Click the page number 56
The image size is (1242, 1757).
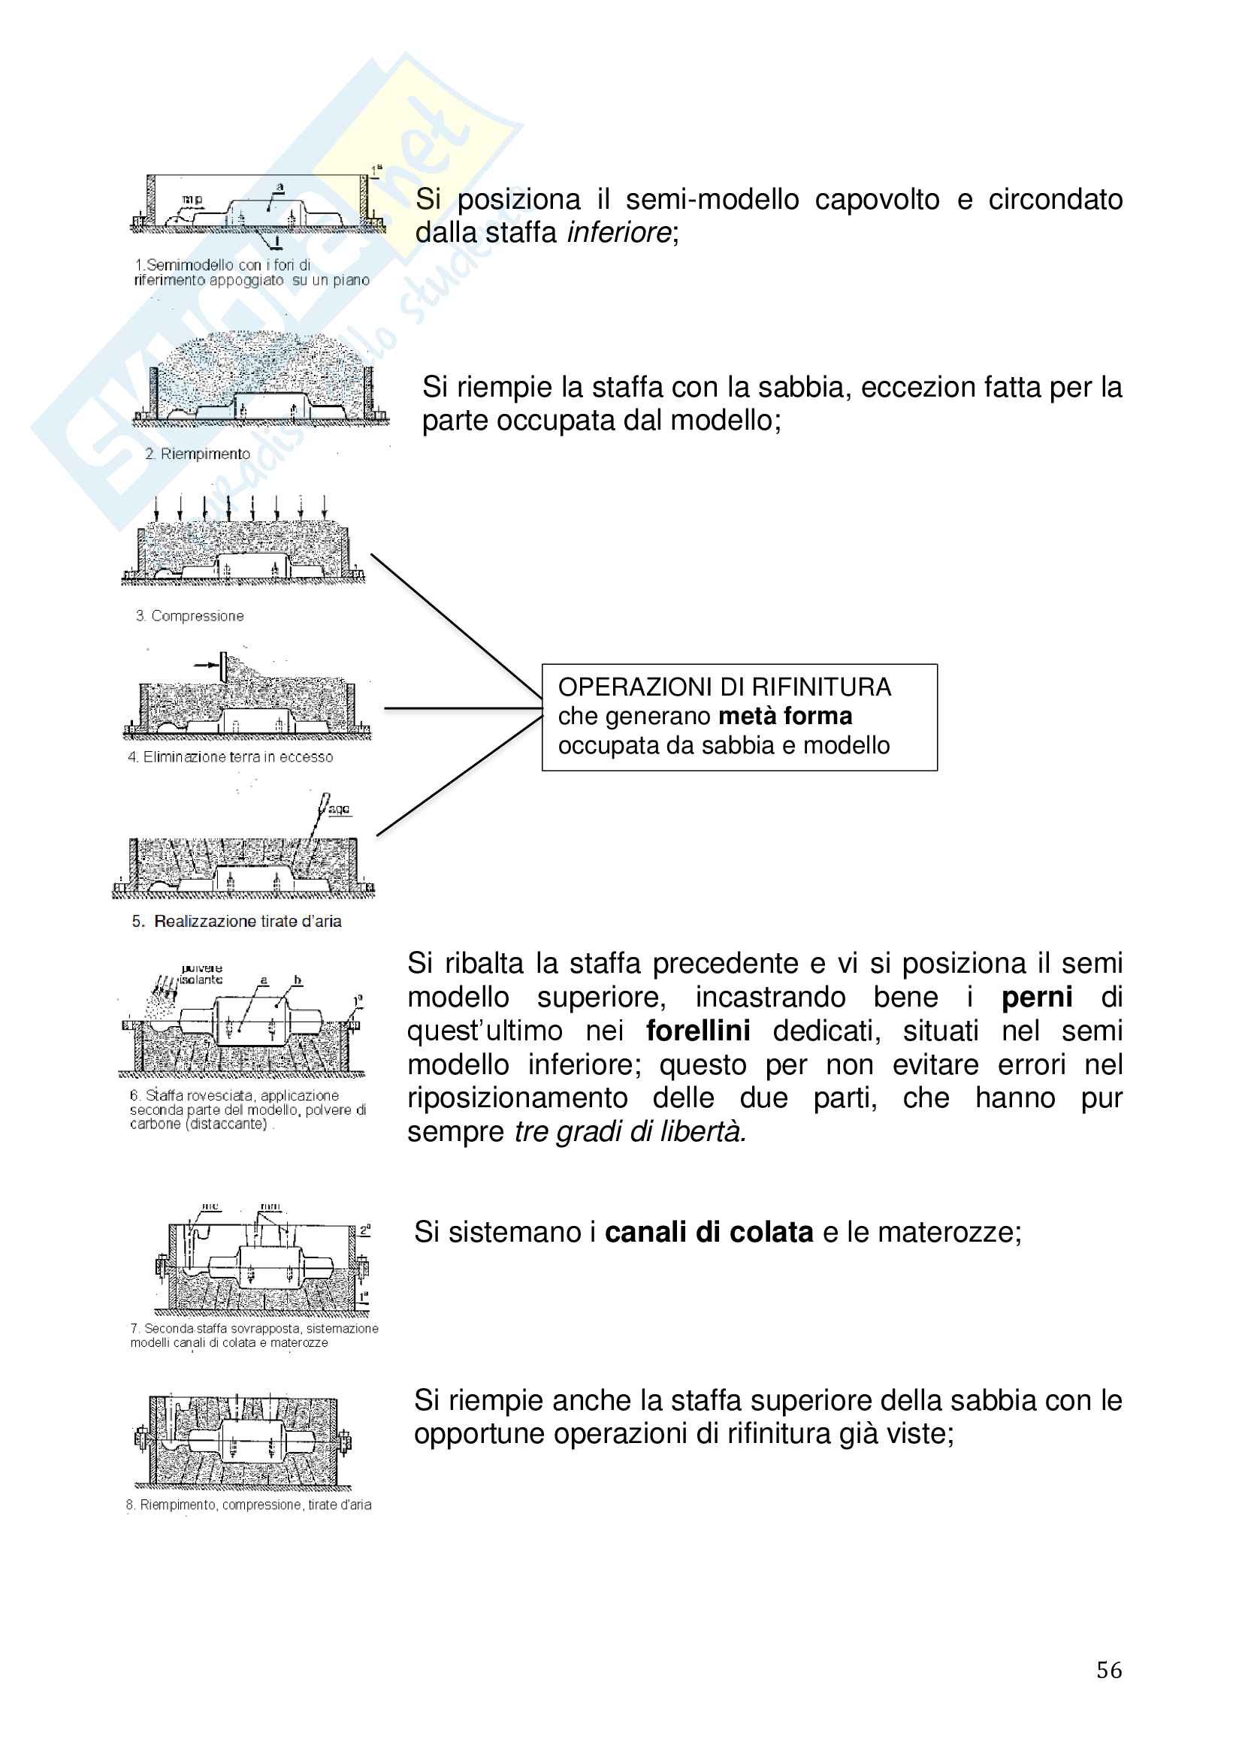pos(1109,1670)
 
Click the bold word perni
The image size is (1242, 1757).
pos(1037,997)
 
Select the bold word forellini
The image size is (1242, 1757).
pos(697,1031)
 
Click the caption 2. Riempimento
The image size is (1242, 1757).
pos(198,454)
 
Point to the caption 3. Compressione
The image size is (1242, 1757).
pos(190,616)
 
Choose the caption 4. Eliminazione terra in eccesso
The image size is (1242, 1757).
pos(231,757)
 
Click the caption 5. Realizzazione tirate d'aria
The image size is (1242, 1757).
pos(237,922)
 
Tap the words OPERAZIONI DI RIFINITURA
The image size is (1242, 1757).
pos(724,687)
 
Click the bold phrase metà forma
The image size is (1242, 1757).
pos(785,717)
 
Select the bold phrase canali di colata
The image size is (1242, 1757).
pos(709,1232)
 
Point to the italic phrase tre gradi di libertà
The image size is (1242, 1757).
pos(630,1131)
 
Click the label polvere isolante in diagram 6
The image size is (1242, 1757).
pos(201,974)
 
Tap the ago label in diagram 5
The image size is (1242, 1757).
pos(339,809)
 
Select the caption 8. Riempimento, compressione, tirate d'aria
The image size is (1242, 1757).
pos(249,1505)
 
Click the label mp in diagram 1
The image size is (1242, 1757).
pos(192,200)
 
